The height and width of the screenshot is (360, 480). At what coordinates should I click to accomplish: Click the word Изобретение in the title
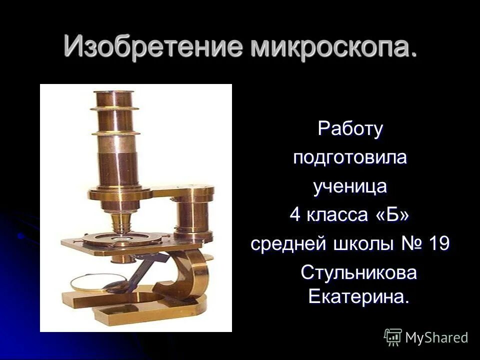point(153,47)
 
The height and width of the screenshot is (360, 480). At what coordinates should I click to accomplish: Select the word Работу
point(350,129)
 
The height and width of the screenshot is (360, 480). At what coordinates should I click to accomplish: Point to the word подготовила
point(350,157)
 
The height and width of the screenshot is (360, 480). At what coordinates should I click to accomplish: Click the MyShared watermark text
point(436,337)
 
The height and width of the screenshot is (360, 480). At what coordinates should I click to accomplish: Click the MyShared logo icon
point(393,337)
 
